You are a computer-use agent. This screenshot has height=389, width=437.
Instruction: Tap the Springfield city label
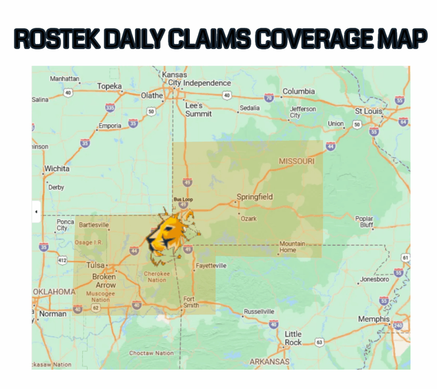coord(255,197)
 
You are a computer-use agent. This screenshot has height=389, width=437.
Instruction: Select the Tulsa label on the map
coord(96,265)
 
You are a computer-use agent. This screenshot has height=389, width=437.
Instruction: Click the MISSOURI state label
coord(297,161)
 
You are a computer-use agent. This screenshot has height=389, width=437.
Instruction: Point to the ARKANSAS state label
coord(269,362)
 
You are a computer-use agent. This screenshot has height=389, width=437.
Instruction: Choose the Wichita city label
coord(57,169)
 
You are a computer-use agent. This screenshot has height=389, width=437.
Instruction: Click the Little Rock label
coord(293,338)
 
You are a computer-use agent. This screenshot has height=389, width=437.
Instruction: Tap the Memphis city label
coord(373,319)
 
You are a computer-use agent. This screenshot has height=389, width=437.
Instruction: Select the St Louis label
coord(369,111)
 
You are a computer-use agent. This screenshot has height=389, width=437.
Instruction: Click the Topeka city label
coord(109,86)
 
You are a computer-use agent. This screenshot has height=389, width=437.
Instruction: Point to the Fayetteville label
coord(211,266)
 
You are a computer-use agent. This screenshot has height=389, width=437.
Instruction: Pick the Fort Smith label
coord(191,302)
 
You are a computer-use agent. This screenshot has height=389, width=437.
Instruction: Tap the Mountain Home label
coord(292,247)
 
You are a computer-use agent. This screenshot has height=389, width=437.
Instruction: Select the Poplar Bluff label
coord(364,222)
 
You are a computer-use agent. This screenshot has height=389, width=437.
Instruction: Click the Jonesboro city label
coord(375,279)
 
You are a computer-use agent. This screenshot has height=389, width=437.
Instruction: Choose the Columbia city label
coord(299,91)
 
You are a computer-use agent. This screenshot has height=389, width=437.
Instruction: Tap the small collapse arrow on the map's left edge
coord(36,212)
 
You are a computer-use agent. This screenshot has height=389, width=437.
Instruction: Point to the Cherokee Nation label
coord(157,277)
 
